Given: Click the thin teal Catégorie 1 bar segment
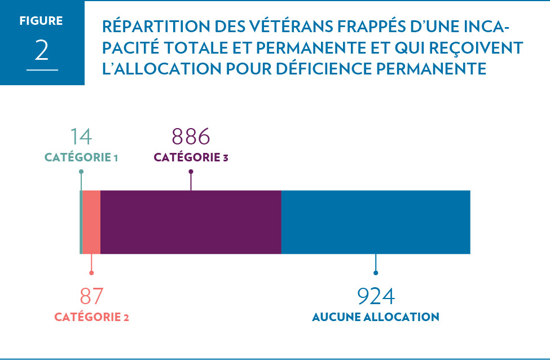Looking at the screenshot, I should click(x=81, y=222).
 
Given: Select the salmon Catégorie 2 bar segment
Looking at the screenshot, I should click(x=91, y=222).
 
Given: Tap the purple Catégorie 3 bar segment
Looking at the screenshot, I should click(x=191, y=222).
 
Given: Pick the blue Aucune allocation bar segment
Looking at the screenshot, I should click(x=375, y=222).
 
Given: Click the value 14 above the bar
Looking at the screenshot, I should click(x=81, y=137).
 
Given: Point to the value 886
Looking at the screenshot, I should click(x=191, y=137).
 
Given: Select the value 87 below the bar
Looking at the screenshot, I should click(x=91, y=296).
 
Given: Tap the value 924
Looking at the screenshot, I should click(x=376, y=296).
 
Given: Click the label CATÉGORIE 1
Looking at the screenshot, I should click(x=81, y=157).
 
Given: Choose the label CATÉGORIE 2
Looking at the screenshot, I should click(x=91, y=317).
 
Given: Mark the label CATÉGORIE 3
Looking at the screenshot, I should click(x=191, y=157).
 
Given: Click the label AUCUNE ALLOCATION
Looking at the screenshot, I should click(x=376, y=317).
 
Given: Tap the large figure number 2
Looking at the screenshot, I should click(x=42, y=51).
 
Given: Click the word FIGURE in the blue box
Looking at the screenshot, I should click(x=41, y=21).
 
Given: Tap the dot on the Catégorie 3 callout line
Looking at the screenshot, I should click(x=191, y=172).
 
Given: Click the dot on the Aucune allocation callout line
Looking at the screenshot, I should click(x=376, y=273).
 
